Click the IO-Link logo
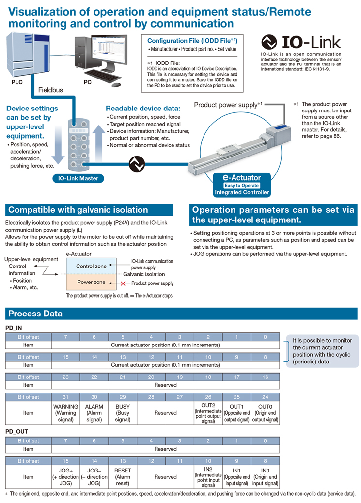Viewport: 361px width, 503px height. point(300,42)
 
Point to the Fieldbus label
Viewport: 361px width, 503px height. point(50,90)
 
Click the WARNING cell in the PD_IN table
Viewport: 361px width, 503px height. point(65,413)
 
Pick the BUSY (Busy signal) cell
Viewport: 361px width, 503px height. point(123,413)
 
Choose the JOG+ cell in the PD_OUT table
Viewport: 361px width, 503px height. point(65,477)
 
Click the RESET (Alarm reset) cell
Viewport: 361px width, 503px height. point(123,477)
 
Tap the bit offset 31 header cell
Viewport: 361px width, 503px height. point(65,397)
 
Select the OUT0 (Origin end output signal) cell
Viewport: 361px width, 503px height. point(265,413)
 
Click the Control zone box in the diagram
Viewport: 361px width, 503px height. point(91,266)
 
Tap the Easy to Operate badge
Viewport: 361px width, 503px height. point(241,185)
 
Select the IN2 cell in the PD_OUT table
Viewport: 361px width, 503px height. point(208,477)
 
